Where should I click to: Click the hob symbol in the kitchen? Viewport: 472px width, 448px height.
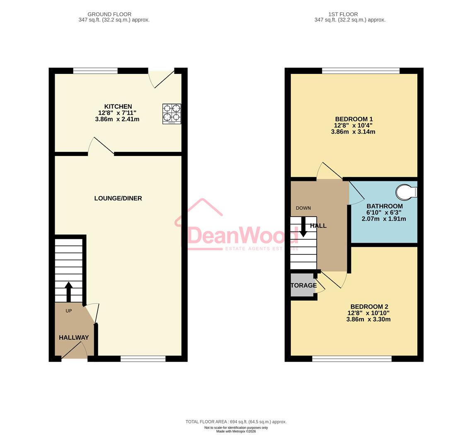[x=172, y=114]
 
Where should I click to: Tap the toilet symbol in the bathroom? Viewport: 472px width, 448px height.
[x=406, y=192]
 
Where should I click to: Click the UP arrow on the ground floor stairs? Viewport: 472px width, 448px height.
[x=68, y=291]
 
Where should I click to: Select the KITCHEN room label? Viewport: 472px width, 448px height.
[x=118, y=107]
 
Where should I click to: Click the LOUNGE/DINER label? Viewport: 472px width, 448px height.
[x=118, y=198]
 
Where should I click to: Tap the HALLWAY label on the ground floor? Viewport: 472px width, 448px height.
[x=74, y=338]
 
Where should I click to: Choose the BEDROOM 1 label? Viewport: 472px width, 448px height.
[x=354, y=119]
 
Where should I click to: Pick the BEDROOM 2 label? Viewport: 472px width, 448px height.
[x=369, y=307]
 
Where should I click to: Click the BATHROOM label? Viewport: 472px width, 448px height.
[x=384, y=206]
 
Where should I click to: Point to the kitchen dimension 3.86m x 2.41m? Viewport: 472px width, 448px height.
[x=117, y=119]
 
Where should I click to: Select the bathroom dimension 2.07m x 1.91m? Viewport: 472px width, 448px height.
[x=384, y=219]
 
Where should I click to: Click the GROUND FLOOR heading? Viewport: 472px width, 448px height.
[x=109, y=14]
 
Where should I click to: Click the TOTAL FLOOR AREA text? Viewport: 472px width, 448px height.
[x=236, y=421]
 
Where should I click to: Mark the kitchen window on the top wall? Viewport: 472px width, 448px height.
[x=95, y=71]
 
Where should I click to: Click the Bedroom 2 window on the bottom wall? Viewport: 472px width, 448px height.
[x=352, y=358]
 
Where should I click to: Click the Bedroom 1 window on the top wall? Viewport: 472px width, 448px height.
[x=361, y=71]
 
